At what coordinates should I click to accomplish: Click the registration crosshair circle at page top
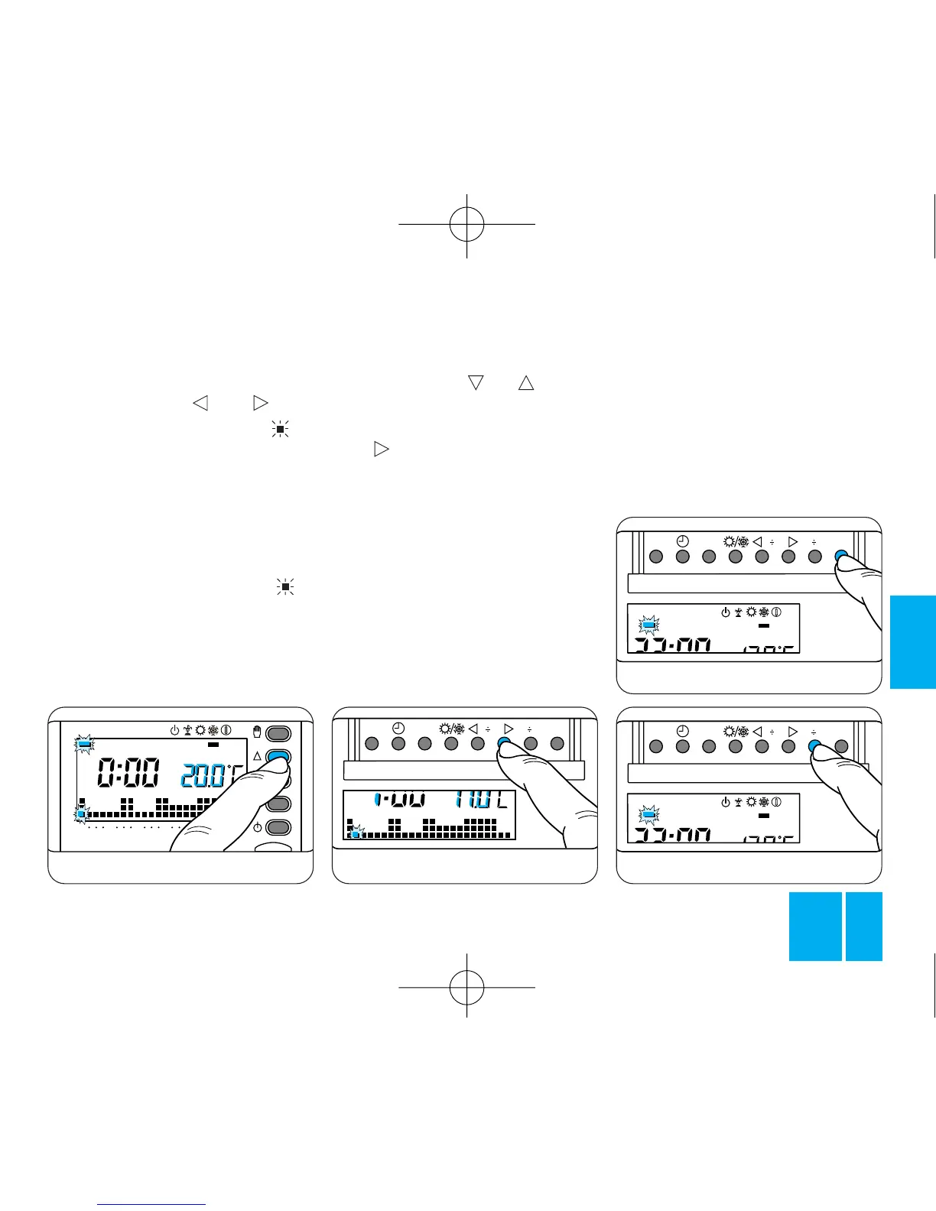466,224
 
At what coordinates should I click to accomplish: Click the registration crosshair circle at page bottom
466,987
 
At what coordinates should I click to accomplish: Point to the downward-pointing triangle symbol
476,382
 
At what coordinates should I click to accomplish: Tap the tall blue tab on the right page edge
912,641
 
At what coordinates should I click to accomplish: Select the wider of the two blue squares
815,926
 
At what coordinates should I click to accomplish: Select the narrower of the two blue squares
864,926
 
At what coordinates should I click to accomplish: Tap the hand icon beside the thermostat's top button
257,733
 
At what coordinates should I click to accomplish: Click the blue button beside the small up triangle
279,757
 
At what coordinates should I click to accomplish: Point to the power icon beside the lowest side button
258,827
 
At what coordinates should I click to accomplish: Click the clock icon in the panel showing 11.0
398,730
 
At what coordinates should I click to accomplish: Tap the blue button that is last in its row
841,557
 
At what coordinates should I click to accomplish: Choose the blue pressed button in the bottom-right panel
814,746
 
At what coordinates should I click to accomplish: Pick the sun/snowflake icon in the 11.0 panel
451,730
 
